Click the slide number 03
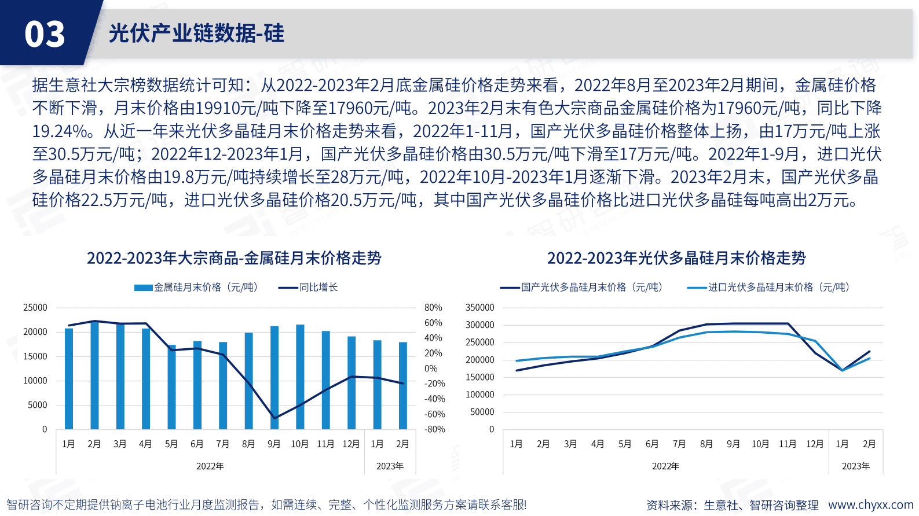point(45,34)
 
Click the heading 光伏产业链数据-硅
point(196,34)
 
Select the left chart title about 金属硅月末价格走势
point(234,258)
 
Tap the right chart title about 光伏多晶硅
point(676,258)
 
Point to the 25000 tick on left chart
point(35,308)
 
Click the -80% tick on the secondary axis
point(434,429)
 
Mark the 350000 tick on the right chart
point(480,308)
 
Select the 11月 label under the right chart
point(787,444)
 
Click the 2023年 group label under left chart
point(390,466)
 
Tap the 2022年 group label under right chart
point(665,466)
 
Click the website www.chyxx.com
point(870,505)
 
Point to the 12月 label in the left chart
point(351,444)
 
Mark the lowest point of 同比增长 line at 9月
point(274,418)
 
